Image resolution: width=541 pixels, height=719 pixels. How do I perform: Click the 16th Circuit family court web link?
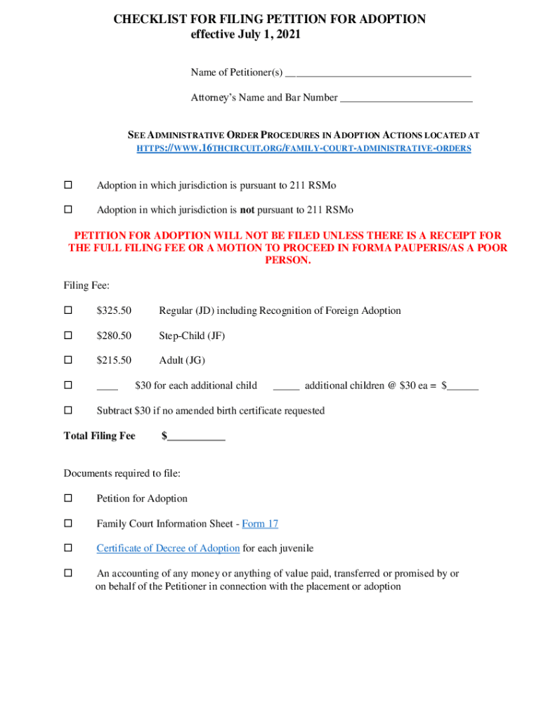point(303,149)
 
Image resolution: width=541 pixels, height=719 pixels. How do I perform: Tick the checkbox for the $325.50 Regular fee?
point(68,310)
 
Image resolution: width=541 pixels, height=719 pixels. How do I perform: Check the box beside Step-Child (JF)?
point(68,336)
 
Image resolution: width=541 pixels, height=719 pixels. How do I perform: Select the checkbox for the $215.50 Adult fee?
point(68,360)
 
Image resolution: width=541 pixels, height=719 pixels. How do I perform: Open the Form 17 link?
point(260,524)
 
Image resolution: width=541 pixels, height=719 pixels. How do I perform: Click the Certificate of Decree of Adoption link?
point(168,548)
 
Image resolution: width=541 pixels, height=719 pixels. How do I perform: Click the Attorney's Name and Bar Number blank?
point(406,98)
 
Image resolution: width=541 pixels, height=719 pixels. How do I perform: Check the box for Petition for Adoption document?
point(68,499)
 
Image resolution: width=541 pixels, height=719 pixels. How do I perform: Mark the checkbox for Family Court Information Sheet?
point(68,524)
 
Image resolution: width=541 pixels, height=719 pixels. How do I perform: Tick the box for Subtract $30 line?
point(68,410)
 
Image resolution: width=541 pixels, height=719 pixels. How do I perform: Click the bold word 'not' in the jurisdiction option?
point(247,210)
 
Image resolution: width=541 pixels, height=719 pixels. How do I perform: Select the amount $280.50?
point(114,336)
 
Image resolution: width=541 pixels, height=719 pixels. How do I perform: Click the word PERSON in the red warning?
point(287,260)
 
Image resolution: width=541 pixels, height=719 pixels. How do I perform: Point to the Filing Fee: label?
point(86,286)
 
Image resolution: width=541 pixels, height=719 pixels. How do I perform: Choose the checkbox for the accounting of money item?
point(68,574)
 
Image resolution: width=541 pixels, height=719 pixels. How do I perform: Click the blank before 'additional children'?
point(286,385)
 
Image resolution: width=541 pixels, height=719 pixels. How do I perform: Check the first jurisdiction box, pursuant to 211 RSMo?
point(68,185)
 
